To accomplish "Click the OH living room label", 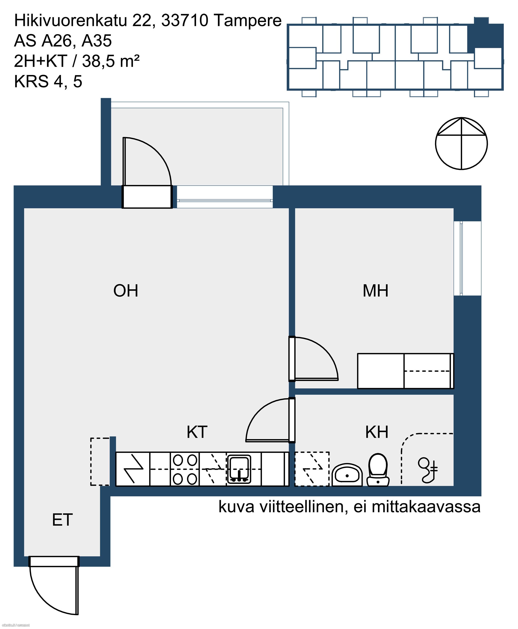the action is click(126, 291).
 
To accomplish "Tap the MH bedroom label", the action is click(375, 291).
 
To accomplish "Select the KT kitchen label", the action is click(197, 432).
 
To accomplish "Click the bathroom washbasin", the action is click(347, 475).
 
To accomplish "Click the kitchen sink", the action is click(239, 469).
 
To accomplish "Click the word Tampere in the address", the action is click(248, 21).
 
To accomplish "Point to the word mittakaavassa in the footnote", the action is click(426, 507).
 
